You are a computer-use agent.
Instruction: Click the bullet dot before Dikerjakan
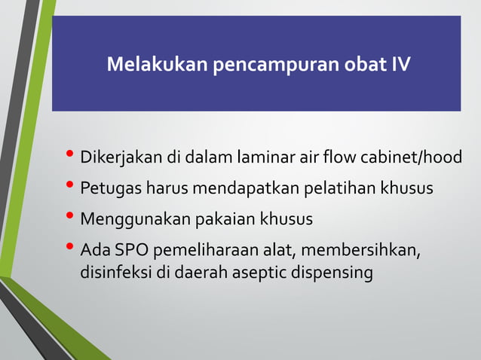(71, 157)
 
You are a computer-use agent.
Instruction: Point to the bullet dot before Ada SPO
(71, 249)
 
